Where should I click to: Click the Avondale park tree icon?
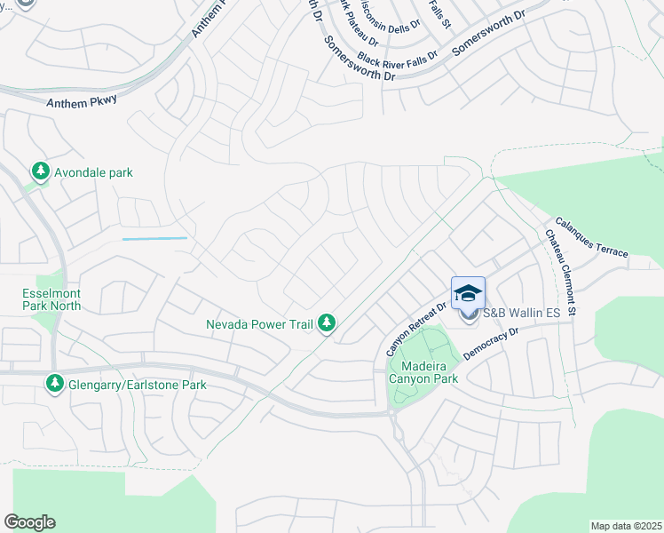click(40, 171)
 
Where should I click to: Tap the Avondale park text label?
click(93, 172)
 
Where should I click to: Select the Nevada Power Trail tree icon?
click(328, 324)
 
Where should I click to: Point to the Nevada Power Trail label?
click(259, 324)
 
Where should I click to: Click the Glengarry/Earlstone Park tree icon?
click(54, 385)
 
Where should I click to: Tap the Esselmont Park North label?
click(51, 300)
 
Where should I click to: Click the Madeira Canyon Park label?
click(423, 372)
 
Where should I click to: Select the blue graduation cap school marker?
click(469, 293)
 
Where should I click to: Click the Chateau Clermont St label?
click(561, 273)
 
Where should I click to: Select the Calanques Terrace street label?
click(591, 237)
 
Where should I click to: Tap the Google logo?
click(29, 522)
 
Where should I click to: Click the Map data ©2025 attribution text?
click(625, 526)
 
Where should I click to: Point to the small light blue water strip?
click(154, 238)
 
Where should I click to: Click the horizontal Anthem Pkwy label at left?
click(82, 101)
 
